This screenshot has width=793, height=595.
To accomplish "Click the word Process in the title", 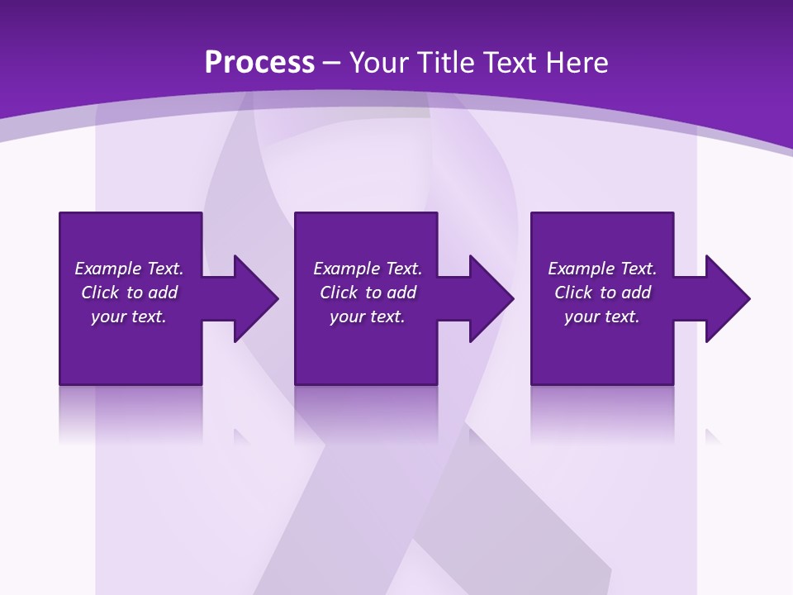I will [259, 62].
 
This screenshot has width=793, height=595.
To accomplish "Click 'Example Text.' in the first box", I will [129, 269].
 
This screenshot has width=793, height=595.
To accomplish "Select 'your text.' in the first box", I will [129, 317].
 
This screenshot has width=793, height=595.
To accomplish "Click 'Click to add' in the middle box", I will [368, 293].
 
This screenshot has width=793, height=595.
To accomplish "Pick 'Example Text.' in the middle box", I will [368, 269].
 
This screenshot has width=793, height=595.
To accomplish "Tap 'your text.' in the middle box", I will [368, 317].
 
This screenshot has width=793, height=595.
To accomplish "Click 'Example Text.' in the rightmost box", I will [602, 269].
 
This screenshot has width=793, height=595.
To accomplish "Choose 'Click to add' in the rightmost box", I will [602, 293].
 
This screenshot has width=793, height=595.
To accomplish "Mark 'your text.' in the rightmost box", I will [602, 317].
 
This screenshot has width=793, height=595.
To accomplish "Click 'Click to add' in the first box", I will [129, 293].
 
